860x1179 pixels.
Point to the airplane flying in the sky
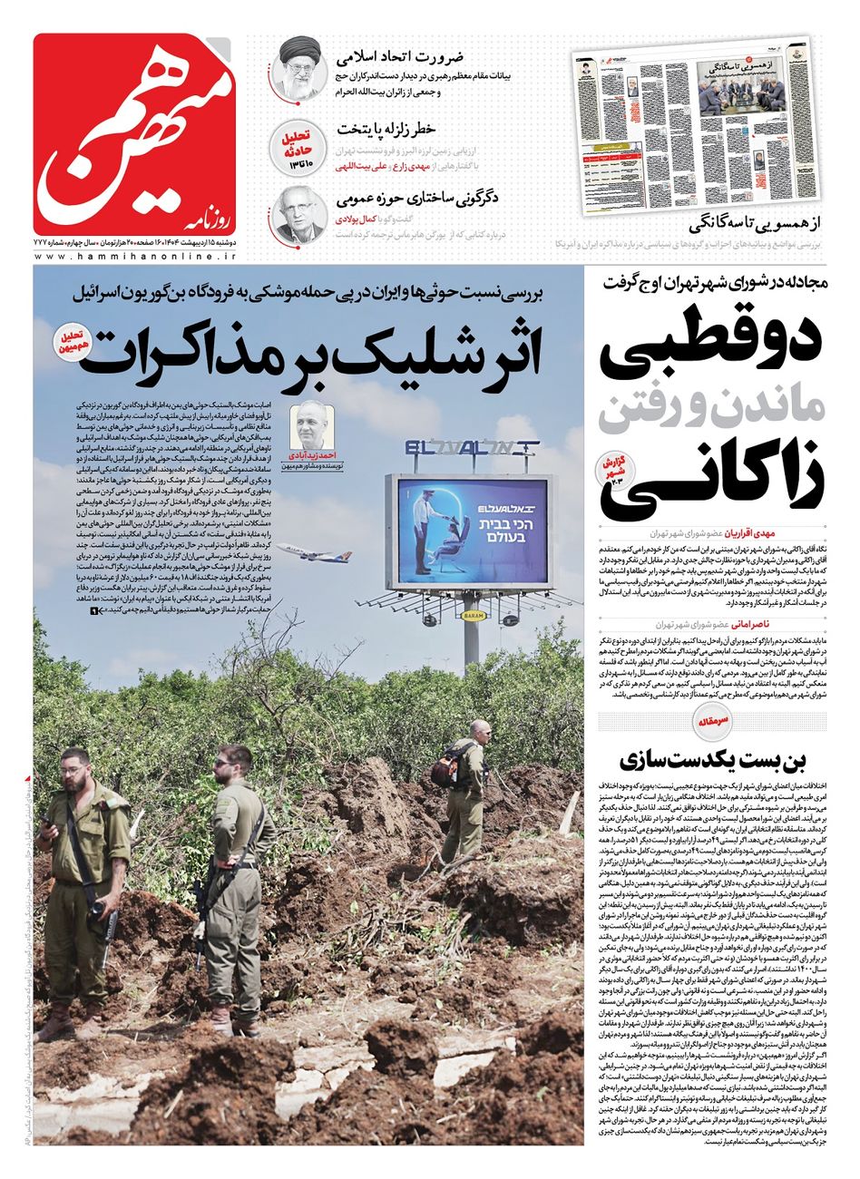click(x=301, y=551)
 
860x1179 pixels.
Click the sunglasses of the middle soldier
click(x=228, y=764)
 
